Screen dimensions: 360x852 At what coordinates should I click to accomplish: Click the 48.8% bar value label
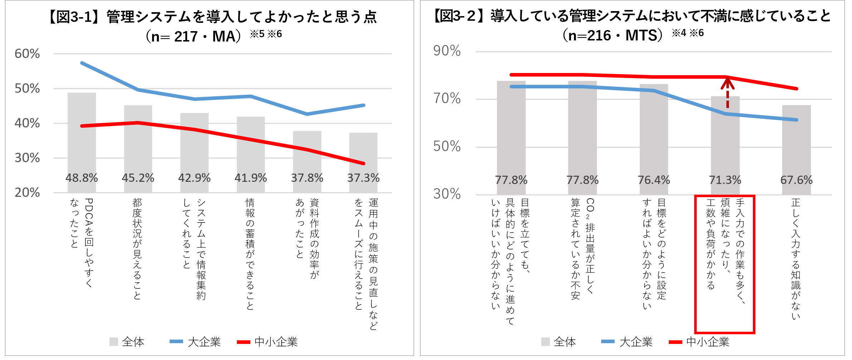82,178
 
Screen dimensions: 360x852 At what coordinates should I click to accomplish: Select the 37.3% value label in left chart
363,178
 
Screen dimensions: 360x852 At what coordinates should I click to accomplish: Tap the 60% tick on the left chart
27,54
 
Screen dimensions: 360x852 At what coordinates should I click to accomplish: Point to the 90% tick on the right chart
447,51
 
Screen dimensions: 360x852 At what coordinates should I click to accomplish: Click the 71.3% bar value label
725,180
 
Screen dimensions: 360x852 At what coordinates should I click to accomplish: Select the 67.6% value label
796,180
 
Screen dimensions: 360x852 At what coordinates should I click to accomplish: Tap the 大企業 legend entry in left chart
195,342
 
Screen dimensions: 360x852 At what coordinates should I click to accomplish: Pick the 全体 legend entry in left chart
127,342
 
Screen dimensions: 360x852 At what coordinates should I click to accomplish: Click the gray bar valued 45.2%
138,140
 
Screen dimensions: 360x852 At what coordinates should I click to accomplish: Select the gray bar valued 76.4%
654,132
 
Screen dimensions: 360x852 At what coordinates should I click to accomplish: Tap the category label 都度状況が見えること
137,249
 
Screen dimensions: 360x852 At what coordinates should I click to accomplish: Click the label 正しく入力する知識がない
795,258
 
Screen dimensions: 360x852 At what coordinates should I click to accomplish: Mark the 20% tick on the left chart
27,193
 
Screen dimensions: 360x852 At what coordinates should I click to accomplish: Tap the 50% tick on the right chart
447,146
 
